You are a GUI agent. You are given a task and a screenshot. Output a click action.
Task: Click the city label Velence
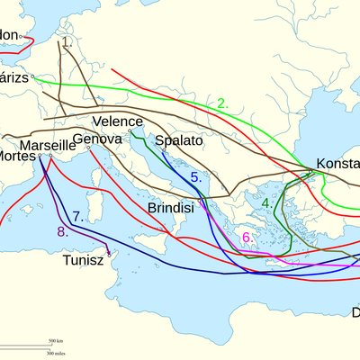[x=117, y=121]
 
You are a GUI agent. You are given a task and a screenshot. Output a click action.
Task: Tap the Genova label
[x=96, y=139]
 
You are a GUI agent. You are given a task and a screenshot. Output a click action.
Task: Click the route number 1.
[x=67, y=42]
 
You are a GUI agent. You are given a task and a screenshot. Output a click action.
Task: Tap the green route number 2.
[x=222, y=103]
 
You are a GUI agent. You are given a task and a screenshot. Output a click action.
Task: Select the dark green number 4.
[x=267, y=203]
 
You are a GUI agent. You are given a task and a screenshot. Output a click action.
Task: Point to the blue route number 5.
[x=195, y=176]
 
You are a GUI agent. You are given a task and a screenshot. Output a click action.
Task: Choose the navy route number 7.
[x=78, y=216]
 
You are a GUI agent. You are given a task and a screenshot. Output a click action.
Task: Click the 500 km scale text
[x=55, y=341]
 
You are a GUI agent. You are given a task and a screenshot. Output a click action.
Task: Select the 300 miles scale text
[x=55, y=351]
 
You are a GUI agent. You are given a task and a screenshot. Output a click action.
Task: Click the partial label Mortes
[x=17, y=156]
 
